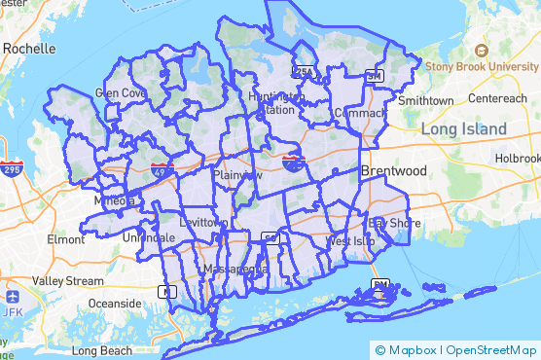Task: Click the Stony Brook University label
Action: (487, 66)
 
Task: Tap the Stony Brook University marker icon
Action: (480, 50)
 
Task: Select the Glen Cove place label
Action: (121, 93)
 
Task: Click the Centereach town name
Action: (497, 99)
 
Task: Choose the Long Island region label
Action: (463, 129)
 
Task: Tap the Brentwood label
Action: (394, 170)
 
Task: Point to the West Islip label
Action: (350, 240)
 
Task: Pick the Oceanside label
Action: (115, 303)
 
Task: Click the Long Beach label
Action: (101, 349)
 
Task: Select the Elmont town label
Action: (66, 238)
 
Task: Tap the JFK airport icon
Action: (12, 296)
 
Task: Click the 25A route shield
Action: (305, 73)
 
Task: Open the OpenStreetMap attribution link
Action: (490, 350)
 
